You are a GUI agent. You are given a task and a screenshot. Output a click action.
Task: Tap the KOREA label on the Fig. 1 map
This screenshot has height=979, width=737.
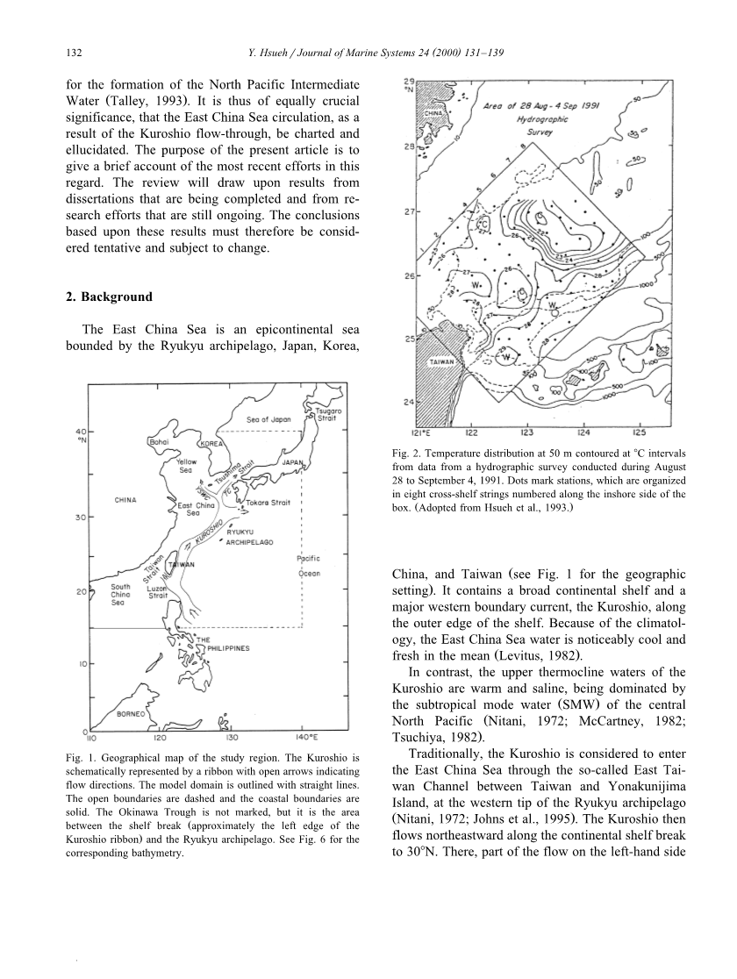tap(211, 444)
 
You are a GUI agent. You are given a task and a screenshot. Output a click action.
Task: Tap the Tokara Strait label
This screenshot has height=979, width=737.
tap(268, 503)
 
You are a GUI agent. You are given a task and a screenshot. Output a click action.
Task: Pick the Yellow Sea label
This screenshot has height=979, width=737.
tap(186, 466)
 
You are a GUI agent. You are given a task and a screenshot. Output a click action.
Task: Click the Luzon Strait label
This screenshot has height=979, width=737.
tap(158, 591)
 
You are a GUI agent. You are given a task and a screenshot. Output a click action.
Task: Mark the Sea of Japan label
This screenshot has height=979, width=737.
tap(268, 419)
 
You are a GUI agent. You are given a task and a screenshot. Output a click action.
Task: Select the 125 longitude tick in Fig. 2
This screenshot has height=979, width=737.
tap(639, 432)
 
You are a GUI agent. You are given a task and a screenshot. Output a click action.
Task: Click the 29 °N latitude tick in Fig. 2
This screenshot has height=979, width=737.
tap(407, 84)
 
